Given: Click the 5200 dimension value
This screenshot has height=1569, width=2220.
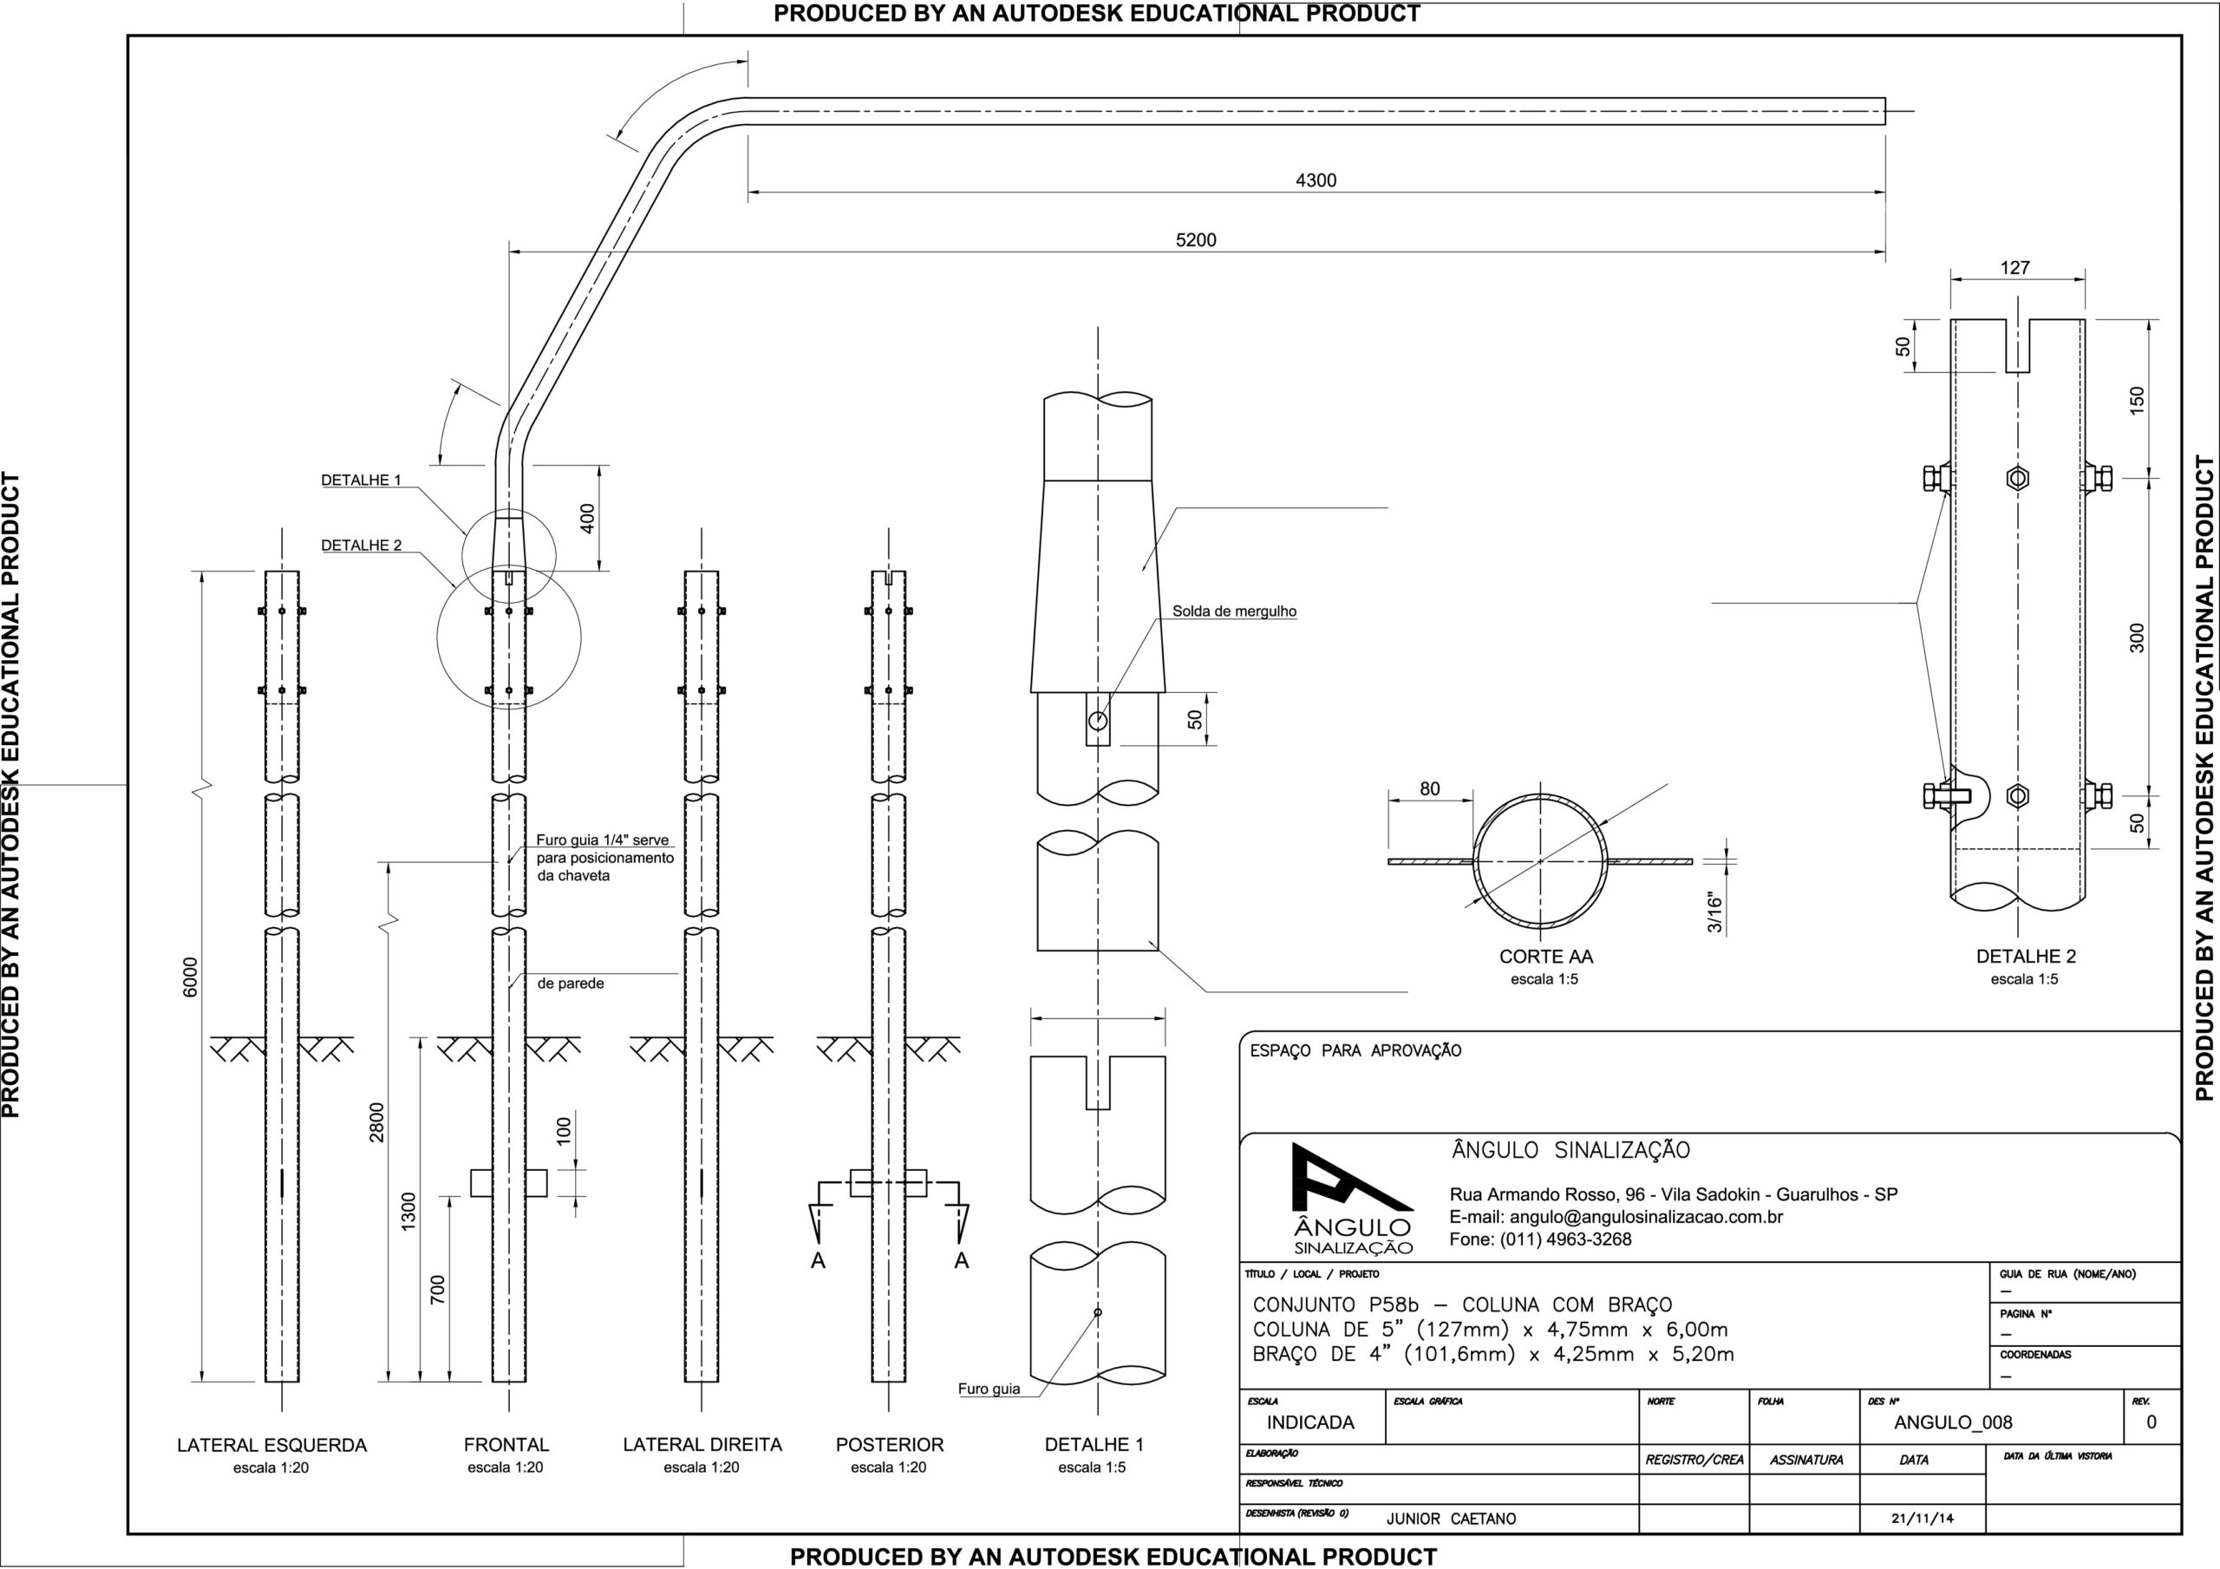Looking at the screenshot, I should pos(1196,241).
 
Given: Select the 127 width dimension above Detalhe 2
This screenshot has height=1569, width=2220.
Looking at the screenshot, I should pos(2015,268).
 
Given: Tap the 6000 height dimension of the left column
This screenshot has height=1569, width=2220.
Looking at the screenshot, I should pos(191,976).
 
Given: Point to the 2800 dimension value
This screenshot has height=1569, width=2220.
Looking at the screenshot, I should pos(377,1122).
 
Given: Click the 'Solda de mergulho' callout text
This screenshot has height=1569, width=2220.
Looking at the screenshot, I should pos(1234,611).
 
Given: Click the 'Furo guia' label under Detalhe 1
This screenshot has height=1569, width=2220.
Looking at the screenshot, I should pos(989,1389).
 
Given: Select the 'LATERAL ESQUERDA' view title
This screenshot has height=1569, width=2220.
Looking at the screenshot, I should pos(271,1445).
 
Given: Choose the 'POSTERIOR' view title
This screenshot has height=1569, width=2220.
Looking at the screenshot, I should pos(890,1444).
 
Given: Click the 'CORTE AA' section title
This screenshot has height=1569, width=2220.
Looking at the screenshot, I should pos(1546,957).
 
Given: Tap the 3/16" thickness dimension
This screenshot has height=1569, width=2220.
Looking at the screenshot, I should pos(1715,913).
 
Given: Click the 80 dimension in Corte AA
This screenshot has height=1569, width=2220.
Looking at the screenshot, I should pos(1430,789).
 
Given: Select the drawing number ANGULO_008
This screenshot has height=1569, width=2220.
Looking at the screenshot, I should pos(1953,1422).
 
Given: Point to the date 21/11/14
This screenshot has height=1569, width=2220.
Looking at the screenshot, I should pos(1923,1519).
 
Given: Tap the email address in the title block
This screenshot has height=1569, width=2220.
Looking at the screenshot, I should pos(1616,1217).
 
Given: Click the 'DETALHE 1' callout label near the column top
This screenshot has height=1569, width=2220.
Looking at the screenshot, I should pos(361,480).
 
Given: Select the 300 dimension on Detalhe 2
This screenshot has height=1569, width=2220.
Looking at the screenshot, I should pos(2137,637).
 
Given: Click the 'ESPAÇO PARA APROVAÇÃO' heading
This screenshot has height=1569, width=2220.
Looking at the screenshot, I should pos(1355,1050).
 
